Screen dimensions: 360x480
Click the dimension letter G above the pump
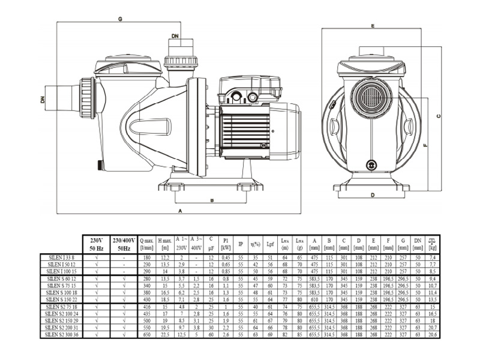tap(120, 19)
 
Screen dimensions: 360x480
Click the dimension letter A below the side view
tap(181, 211)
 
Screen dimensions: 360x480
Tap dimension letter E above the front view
tap(373, 26)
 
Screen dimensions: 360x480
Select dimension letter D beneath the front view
tap(372, 196)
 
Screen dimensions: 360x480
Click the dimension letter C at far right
tap(439, 116)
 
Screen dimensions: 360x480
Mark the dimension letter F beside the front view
tap(425, 145)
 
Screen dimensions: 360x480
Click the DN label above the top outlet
tap(175, 37)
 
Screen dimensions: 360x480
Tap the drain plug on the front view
tap(371, 163)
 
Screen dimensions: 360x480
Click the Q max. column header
tap(146, 243)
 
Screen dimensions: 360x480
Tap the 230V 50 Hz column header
tap(97, 243)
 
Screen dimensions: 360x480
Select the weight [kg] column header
tap(431, 243)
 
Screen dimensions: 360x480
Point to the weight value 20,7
tap(431, 328)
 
